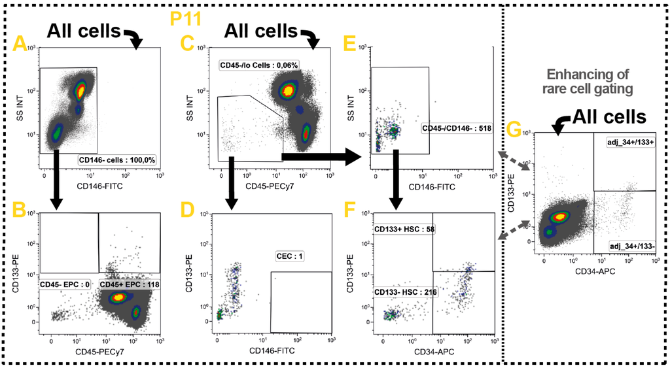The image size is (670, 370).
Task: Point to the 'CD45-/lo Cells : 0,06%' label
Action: pos(258,65)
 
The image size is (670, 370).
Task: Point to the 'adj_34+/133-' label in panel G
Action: pos(631,246)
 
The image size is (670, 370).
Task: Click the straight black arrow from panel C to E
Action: pos(320,156)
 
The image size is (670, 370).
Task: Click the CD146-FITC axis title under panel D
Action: pos(274,352)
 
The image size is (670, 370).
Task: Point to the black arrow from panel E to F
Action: pos(396,178)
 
